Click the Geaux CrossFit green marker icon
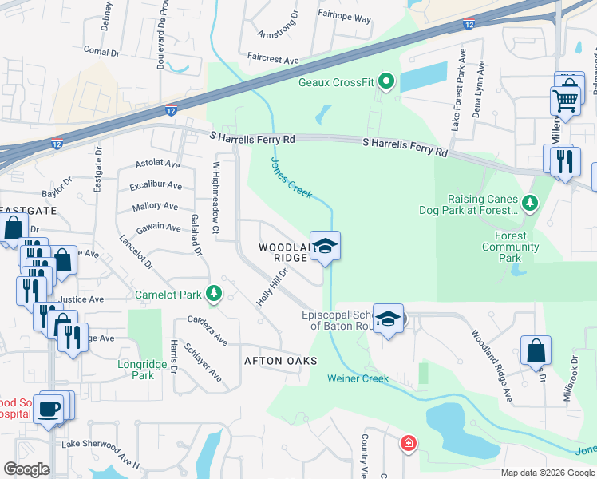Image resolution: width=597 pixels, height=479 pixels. tap(386, 81)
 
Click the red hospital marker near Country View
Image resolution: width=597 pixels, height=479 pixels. tap(408, 443)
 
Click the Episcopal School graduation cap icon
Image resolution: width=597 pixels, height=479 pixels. tap(388, 319)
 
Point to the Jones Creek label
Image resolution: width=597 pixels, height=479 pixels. tap(291, 176)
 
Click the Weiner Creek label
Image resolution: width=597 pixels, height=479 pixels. tap(357, 378)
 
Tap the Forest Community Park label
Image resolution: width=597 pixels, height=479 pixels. tap(511, 247)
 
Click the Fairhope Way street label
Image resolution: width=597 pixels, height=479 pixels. tap(344, 40)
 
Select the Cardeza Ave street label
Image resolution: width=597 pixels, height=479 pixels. tap(208, 331)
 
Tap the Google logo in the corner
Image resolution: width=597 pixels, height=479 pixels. tap(26, 469)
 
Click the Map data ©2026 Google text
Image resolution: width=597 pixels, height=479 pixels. tap(547, 473)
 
